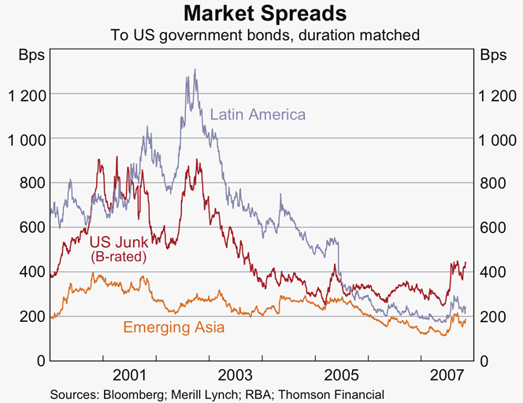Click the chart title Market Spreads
261,14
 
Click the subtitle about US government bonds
261,35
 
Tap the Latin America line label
258,115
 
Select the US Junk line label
117,242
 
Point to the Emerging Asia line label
173,327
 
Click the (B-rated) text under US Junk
119,256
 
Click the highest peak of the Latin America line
195,70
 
